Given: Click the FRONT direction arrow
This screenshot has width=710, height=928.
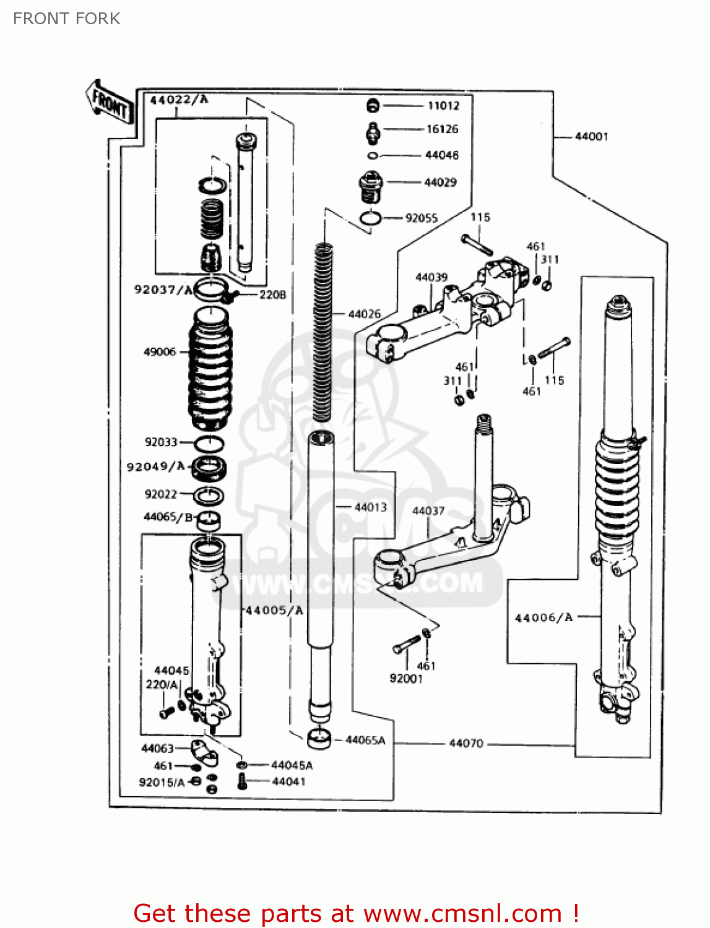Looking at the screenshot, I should (110, 102).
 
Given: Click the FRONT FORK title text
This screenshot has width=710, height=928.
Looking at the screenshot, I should (66, 19).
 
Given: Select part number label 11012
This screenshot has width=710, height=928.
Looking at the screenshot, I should (443, 106).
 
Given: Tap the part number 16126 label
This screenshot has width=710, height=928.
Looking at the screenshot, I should (442, 129).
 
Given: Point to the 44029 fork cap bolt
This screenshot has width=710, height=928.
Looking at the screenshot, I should (371, 186).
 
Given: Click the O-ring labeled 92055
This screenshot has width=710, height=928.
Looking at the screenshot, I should (370, 218).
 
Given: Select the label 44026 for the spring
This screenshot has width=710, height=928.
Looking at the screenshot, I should (365, 314).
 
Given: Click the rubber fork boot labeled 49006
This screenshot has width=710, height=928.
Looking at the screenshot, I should (210, 368).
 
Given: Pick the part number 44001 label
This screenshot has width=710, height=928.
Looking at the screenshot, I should (591, 137).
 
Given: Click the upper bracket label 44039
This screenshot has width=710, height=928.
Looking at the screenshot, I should (431, 278).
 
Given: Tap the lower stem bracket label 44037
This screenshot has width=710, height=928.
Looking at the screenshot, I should (428, 511).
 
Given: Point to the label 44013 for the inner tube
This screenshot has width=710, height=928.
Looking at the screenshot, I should (370, 507).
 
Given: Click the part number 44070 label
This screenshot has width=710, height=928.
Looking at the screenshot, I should (465, 743).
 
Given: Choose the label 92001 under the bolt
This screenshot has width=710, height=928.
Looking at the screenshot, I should (406, 679).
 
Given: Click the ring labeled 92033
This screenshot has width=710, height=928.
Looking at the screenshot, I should (209, 444).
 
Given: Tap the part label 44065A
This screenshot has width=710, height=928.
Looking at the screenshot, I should (365, 741).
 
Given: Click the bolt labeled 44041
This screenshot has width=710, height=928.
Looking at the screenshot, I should (242, 781).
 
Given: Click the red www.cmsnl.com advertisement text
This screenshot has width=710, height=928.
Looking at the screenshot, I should (356, 913).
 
